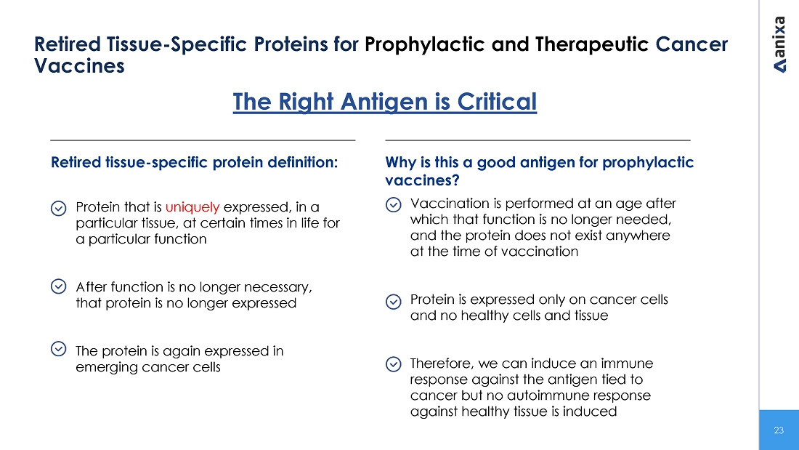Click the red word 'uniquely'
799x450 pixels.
point(192,207)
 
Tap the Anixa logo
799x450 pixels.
point(779,44)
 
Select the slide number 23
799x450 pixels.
point(779,430)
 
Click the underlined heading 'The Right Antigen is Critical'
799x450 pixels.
point(385,102)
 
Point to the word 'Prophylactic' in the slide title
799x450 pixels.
point(424,44)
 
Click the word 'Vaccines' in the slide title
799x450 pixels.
point(79,66)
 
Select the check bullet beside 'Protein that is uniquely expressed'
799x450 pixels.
point(59,208)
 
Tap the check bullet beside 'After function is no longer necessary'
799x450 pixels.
point(59,286)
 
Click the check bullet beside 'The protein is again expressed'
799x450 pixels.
point(59,349)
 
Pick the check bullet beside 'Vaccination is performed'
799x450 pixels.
point(394,204)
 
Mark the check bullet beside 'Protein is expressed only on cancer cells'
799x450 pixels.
point(394,302)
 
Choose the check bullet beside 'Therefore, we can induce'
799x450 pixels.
point(394,364)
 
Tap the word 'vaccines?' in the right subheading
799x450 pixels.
point(423,180)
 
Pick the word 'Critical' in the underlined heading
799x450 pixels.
point(497,102)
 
